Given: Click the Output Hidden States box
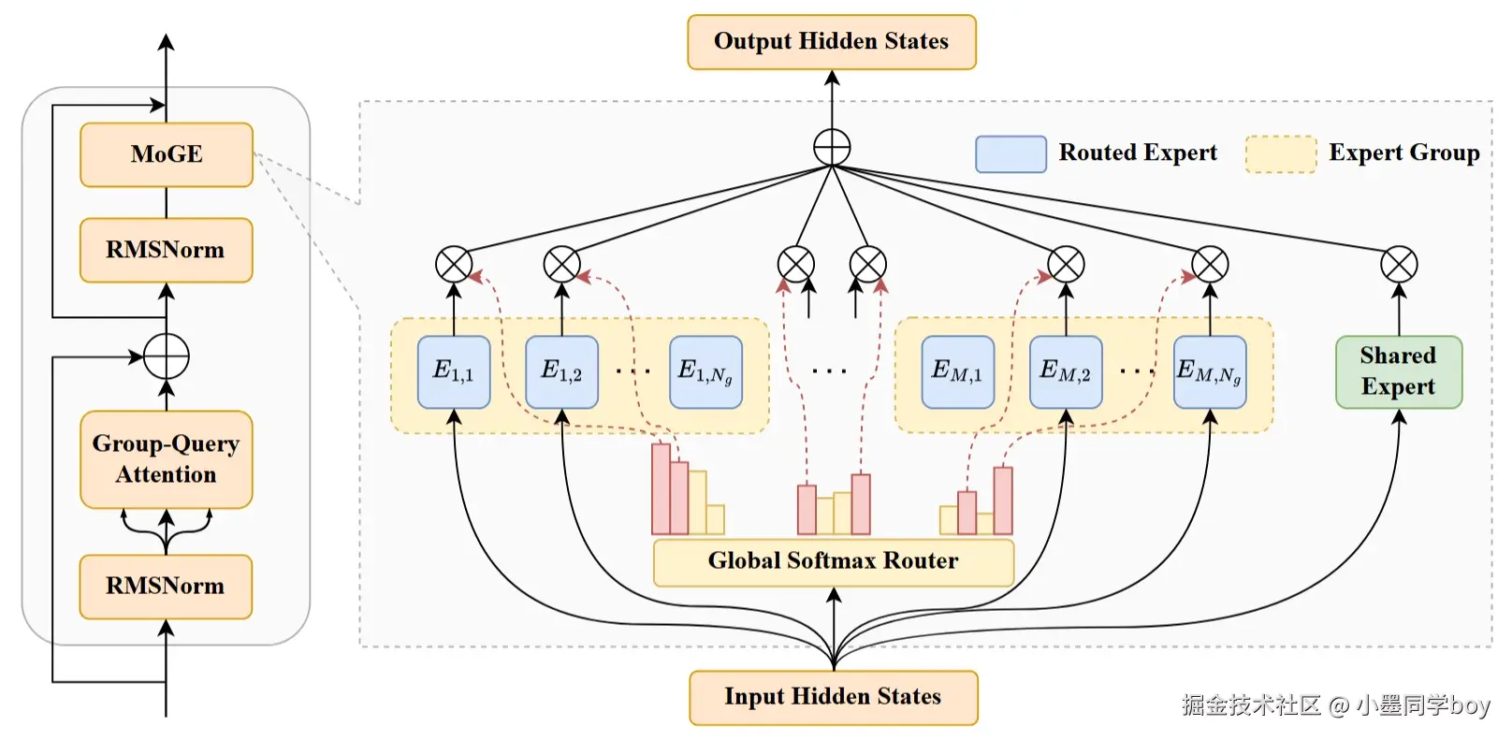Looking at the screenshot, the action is [x=832, y=42].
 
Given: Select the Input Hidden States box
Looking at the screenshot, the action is [x=834, y=698].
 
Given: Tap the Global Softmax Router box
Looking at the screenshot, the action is [x=834, y=561].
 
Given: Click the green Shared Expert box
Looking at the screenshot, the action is [x=1399, y=372].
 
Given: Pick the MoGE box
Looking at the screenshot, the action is [x=166, y=154].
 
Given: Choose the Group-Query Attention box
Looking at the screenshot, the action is [x=166, y=459].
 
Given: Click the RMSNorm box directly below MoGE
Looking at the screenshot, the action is [x=166, y=250].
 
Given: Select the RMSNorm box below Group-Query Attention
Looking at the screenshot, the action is [x=166, y=587].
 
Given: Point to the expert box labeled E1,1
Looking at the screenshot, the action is [x=454, y=372].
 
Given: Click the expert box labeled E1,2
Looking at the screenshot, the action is [x=561, y=372].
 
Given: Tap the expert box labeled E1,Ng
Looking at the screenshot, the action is [x=706, y=372].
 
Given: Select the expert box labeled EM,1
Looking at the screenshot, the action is [x=958, y=372].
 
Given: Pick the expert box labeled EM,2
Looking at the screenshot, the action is [x=1066, y=372].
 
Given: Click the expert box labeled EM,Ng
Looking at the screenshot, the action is [x=1211, y=372].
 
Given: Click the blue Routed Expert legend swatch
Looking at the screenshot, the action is [x=1011, y=154].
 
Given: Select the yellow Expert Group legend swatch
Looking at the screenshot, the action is [x=1281, y=154].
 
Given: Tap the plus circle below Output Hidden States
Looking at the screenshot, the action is [x=832, y=147].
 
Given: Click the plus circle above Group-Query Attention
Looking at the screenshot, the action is [x=166, y=355].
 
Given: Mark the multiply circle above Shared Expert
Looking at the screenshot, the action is [x=1399, y=264].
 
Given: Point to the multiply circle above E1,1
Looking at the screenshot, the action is [x=454, y=264].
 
